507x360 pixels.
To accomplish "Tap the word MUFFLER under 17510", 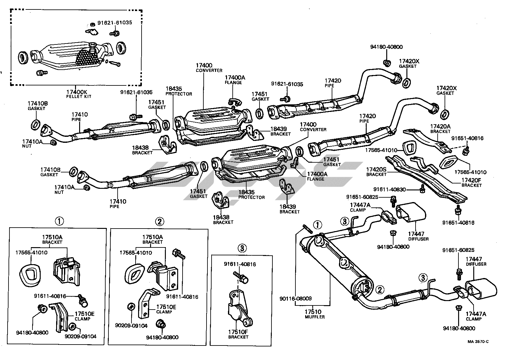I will [x=315, y=317].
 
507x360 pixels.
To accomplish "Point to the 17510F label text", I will [x=238, y=332].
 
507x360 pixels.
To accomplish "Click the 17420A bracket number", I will [x=440, y=126].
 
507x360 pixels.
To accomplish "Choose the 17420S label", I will [x=376, y=169].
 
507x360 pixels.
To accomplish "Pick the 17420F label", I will [x=471, y=180].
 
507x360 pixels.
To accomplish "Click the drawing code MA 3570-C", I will [x=478, y=342].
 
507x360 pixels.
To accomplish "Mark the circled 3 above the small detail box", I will [x=242, y=248].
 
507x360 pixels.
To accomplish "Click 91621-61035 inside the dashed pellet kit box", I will [x=114, y=23].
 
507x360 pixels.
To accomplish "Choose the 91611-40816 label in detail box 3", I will [x=240, y=264].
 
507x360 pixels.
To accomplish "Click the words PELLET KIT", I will [x=79, y=96].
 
